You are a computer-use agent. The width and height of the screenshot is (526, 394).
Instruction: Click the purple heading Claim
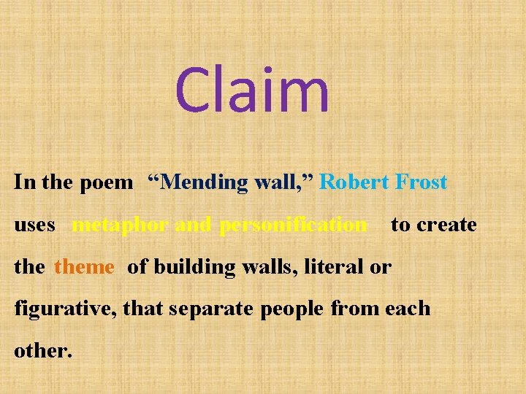click(x=252, y=90)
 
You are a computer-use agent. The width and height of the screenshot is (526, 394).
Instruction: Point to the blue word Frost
click(x=422, y=182)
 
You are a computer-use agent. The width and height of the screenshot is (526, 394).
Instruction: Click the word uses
click(x=34, y=225)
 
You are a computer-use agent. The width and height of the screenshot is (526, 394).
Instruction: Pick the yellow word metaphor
click(x=121, y=225)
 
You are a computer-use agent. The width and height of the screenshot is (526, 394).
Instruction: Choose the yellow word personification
click(x=293, y=225)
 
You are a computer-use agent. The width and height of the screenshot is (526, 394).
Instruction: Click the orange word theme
click(x=84, y=267)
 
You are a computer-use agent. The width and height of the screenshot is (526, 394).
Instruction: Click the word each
click(x=408, y=309)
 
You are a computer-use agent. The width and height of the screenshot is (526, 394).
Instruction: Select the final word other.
click(x=42, y=351)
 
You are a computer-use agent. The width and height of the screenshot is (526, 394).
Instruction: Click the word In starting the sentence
click(x=23, y=182)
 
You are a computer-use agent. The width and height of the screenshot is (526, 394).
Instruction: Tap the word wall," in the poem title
click(x=284, y=182)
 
